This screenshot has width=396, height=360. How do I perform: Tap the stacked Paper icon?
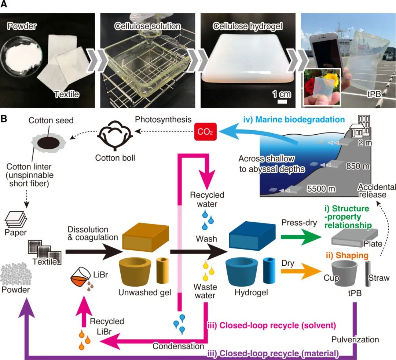pyautogui.click(x=16, y=220)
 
